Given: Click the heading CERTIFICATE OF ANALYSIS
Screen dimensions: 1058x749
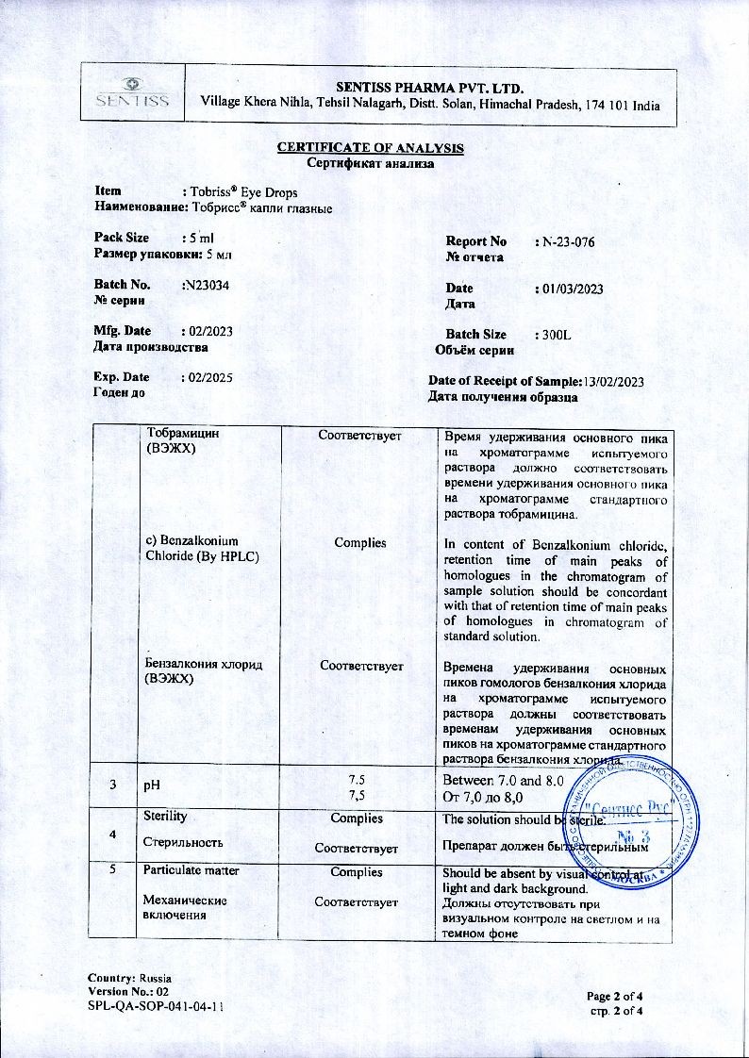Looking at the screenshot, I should tap(370, 148).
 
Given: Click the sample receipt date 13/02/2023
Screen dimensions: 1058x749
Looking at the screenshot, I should tap(614, 381).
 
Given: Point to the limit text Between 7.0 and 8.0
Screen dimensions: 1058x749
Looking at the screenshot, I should tap(503, 781).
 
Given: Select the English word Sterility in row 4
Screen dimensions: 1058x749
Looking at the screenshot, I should tap(164, 816).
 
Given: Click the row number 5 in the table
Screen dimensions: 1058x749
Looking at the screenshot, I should tap(112, 871).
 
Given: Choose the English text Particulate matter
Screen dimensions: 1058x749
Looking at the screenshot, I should tap(191, 871).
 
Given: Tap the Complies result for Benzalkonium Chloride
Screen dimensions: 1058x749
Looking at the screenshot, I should tap(360, 543).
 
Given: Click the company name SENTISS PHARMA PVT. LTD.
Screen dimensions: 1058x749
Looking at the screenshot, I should tap(429, 88).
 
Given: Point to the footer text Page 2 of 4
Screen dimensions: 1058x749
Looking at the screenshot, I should tap(615, 996).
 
